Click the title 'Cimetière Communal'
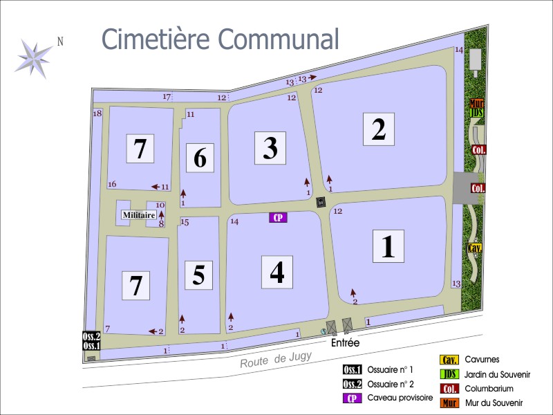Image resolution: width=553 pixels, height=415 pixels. click(221, 39)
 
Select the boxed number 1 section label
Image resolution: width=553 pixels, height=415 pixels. click(388, 246)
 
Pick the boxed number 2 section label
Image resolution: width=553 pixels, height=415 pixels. click(378, 129)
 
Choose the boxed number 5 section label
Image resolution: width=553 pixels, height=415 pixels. click(198, 275)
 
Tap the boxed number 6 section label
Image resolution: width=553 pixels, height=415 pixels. click(200, 158)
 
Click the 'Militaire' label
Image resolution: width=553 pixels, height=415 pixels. click(138, 215)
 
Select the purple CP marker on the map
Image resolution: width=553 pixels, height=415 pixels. click(278, 217)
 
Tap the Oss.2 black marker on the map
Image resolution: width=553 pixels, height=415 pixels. click(92, 336)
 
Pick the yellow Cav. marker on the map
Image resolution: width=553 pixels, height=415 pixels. click(475, 248)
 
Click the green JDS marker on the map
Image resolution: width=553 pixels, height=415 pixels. click(476, 113)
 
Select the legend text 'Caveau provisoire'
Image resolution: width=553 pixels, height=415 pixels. click(400, 398)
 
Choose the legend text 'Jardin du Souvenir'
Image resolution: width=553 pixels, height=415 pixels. click(497, 374)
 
